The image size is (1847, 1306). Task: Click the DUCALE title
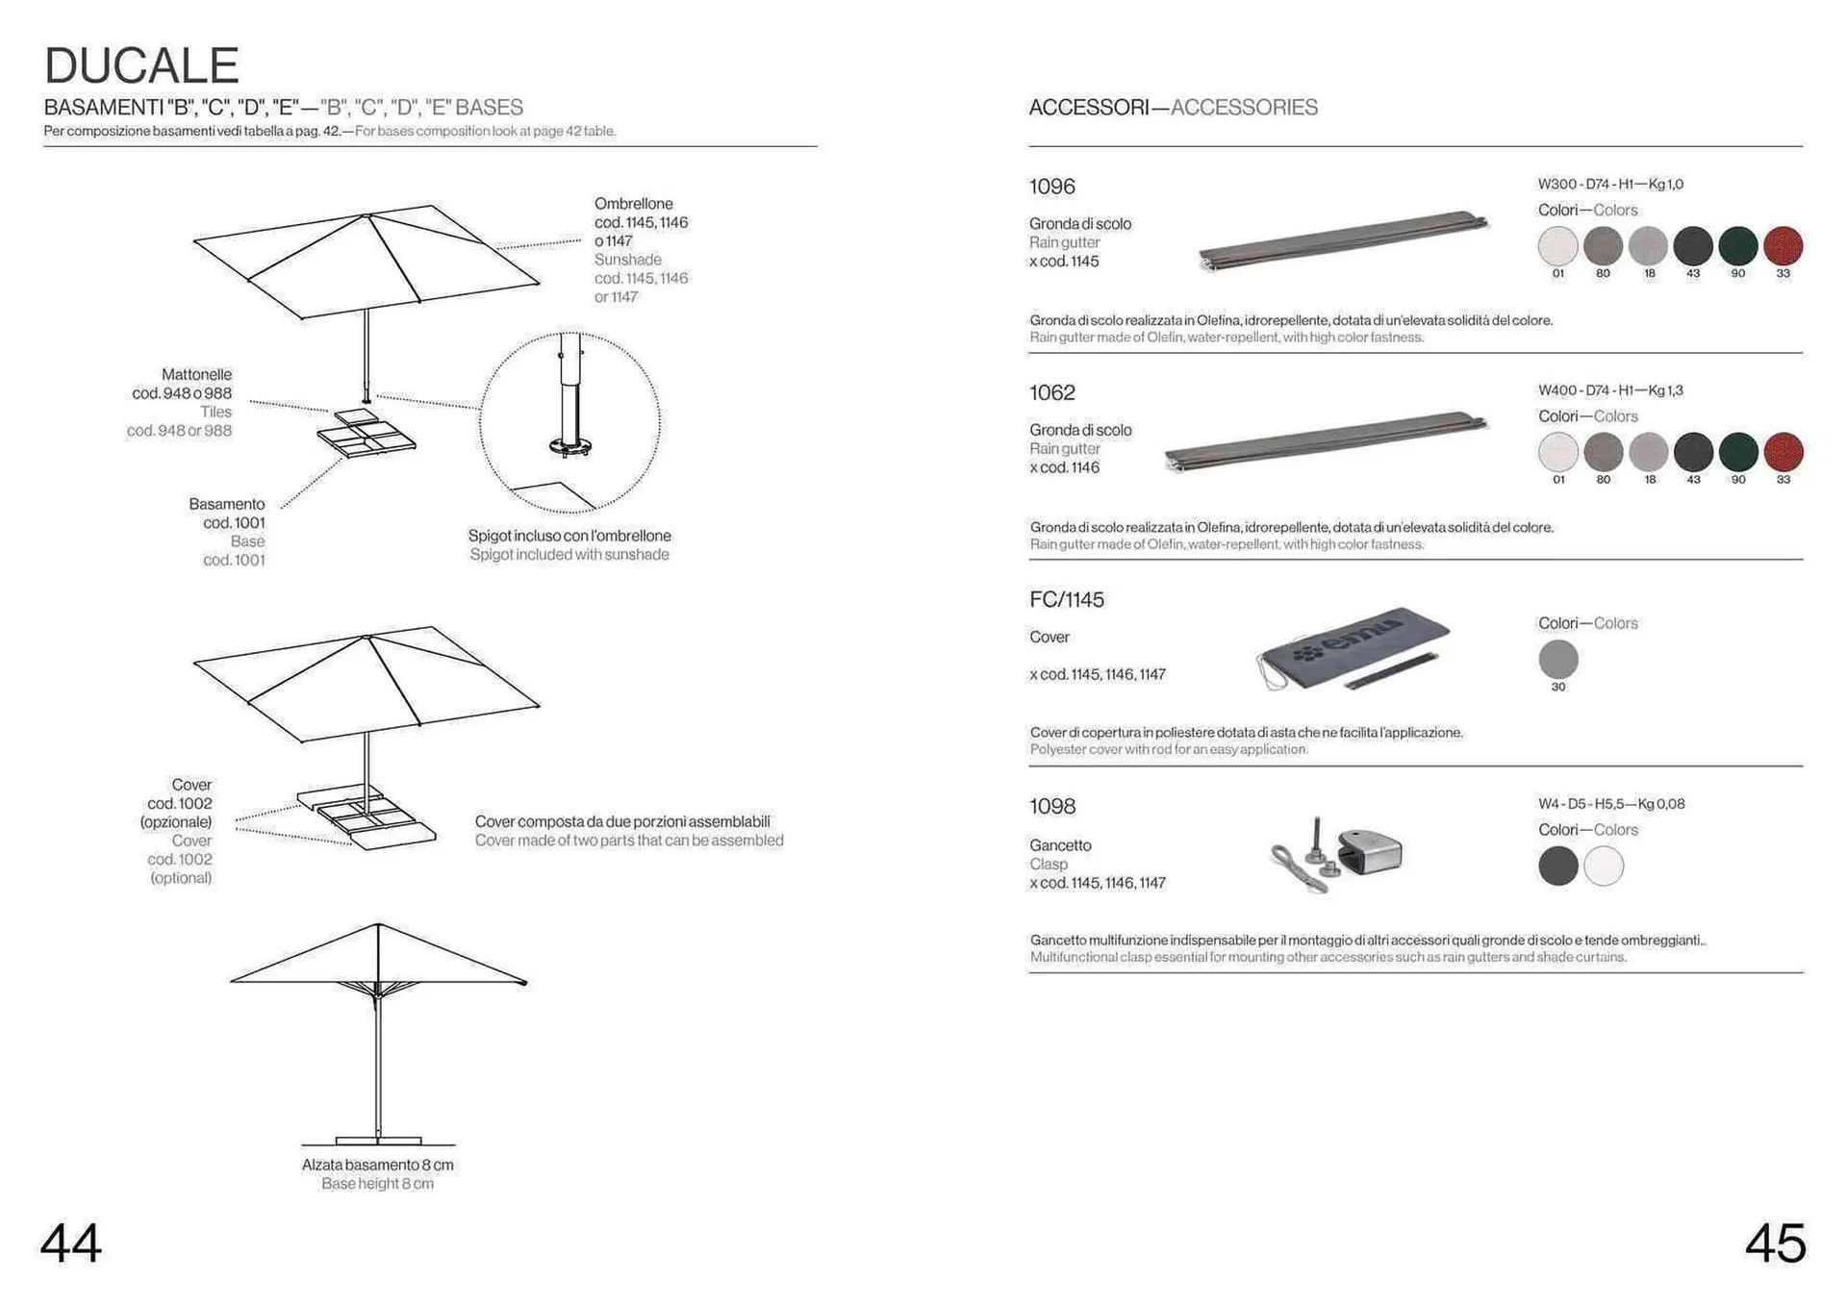(x=141, y=66)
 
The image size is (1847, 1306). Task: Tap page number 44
(x=71, y=1243)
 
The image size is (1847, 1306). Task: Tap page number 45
(x=1775, y=1243)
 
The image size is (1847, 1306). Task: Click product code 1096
(x=1051, y=187)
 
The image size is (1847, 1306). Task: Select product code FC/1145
(x=1066, y=600)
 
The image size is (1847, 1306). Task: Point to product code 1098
(x=1051, y=806)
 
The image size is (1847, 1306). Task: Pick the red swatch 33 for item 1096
(x=1783, y=246)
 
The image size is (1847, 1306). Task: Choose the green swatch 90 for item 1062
(x=1737, y=452)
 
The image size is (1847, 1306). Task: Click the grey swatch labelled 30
(x=1557, y=660)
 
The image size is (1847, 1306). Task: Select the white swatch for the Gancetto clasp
(x=1604, y=866)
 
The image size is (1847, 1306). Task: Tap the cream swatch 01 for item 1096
(x=1557, y=246)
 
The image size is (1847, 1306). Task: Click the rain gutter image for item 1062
(x=1326, y=443)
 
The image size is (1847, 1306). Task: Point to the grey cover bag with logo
(x=1352, y=647)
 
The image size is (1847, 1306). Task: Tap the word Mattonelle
(x=196, y=374)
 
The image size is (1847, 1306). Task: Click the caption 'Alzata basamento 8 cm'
(x=377, y=1165)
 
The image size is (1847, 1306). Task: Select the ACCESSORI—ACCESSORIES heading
(x=1173, y=108)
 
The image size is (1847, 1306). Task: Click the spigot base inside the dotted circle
(x=569, y=445)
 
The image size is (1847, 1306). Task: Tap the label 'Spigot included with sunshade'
(x=569, y=555)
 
